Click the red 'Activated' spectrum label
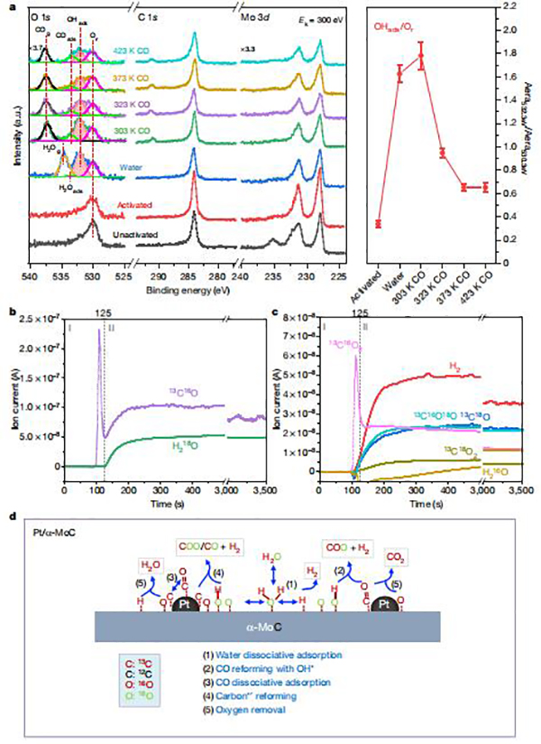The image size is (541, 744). tap(111, 205)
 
